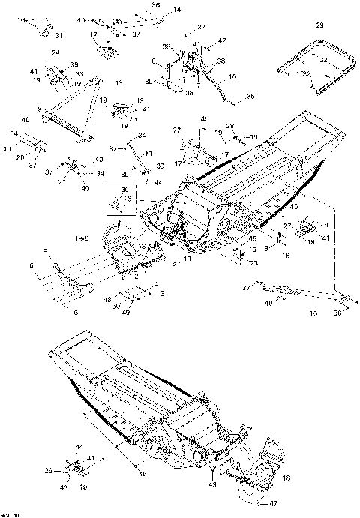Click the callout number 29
coord(320,26)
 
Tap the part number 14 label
coord(177,10)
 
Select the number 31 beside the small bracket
coord(59,34)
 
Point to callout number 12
coord(94,35)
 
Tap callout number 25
coord(133,118)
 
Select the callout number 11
coord(148,153)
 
